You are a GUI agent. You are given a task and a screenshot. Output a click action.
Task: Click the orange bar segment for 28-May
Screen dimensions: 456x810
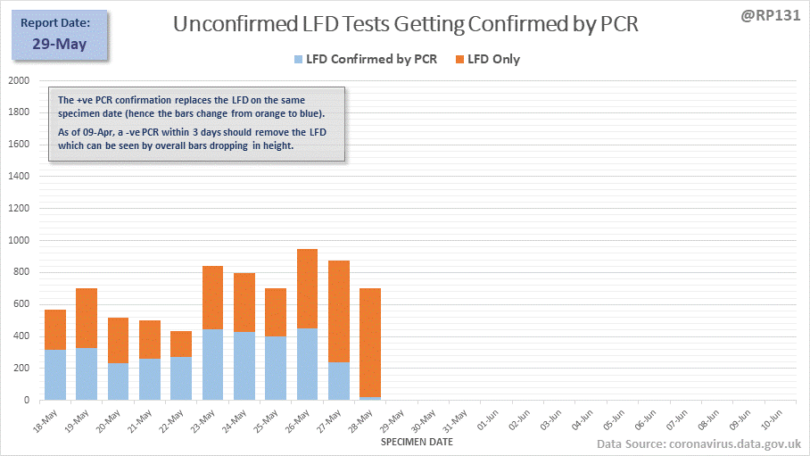(x=370, y=343)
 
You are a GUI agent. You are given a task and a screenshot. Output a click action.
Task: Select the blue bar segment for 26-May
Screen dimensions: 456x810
(x=307, y=364)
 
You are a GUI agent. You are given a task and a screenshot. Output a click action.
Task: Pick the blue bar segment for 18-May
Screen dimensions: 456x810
(x=55, y=375)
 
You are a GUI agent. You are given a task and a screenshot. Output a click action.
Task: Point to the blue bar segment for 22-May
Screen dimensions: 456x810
(x=181, y=378)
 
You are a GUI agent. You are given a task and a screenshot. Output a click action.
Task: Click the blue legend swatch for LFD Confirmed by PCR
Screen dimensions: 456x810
(x=297, y=60)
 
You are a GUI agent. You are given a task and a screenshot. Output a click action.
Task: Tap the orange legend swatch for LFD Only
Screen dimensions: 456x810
(x=460, y=60)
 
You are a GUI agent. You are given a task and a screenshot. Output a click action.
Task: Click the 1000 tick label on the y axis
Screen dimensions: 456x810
(x=18, y=240)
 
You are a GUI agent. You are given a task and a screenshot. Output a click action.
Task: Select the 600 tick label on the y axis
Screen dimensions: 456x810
(x=21, y=304)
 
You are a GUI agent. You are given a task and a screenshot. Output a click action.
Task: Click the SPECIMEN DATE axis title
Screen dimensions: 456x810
(x=417, y=442)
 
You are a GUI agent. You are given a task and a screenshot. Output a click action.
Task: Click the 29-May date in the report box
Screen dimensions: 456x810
(x=60, y=43)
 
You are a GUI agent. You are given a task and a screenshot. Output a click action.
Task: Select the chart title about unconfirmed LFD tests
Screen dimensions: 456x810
(x=406, y=24)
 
